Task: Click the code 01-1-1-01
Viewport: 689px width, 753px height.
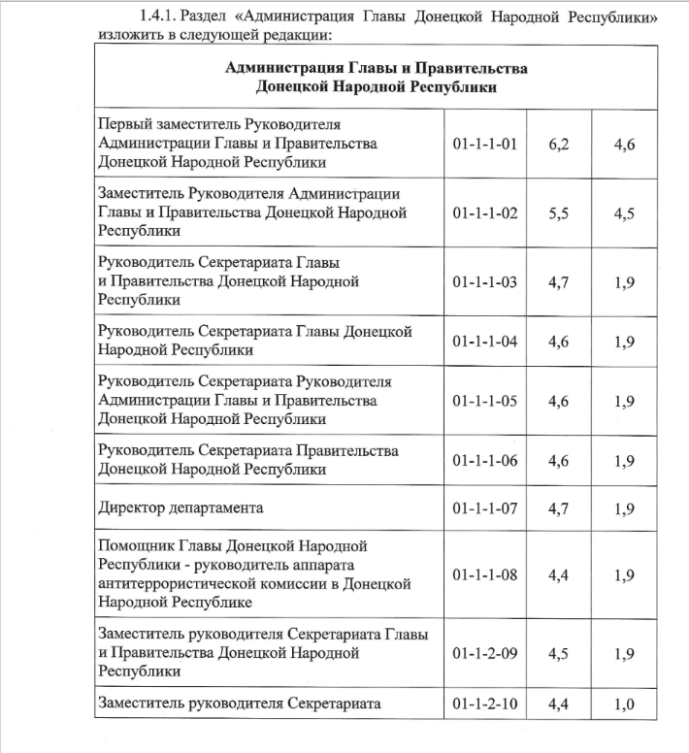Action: click(485, 144)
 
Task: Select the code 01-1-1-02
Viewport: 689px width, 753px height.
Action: click(485, 213)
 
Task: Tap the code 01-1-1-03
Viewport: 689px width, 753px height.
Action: click(485, 282)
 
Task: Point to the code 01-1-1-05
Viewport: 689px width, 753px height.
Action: click(485, 401)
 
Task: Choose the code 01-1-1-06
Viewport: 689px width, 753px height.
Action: click(485, 460)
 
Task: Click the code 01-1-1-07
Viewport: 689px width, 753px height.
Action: click(485, 507)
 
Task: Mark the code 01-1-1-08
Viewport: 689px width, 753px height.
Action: click(485, 574)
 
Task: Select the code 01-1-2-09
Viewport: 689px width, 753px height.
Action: click(485, 652)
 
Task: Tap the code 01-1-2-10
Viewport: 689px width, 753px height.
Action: click(485, 704)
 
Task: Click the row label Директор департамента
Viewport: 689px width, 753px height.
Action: click(181, 507)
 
